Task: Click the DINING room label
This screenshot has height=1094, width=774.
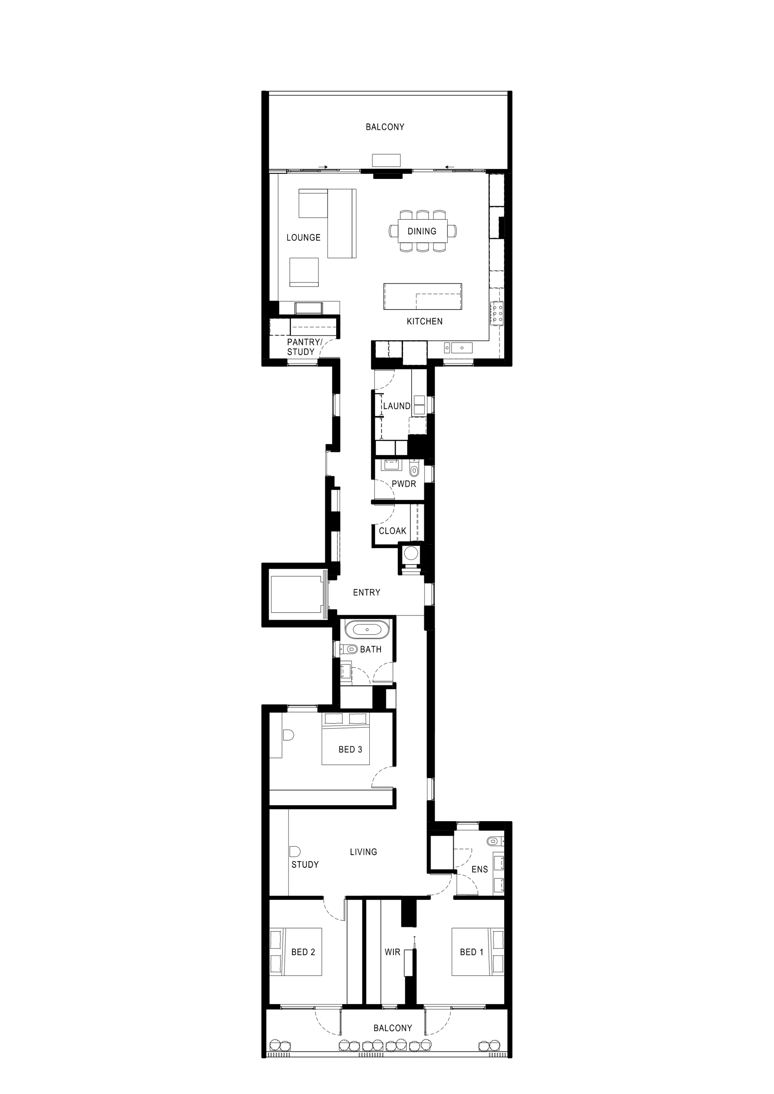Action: point(422,231)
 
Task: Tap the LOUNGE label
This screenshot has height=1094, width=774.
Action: point(303,237)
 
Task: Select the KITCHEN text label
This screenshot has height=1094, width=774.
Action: point(424,321)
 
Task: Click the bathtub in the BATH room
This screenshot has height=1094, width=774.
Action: point(367,629)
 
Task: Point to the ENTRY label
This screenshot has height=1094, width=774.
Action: point(366,592)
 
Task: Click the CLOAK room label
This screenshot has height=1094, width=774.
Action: point(392,531)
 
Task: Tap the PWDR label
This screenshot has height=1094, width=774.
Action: point(404,484)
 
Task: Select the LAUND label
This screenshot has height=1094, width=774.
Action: point(397,406)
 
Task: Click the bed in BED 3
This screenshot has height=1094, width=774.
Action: point(346,739)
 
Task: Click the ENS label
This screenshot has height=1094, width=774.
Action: point(479,869)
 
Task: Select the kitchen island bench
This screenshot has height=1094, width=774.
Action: point(423,297)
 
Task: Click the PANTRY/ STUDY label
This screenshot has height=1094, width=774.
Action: point(304,347)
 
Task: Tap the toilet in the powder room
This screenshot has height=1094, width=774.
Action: point(414,469)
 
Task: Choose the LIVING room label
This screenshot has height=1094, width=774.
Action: point(363,851)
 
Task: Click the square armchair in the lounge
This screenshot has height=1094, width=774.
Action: point(304,272)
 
